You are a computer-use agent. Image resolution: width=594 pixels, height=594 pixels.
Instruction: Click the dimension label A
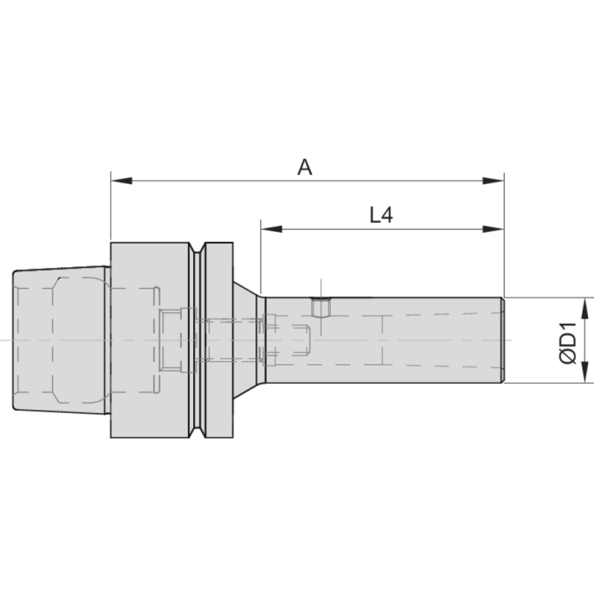point(305,168)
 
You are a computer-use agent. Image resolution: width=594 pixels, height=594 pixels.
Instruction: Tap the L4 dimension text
point(381,215)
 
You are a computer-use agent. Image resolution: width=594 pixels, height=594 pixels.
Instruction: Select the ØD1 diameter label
point(567,341)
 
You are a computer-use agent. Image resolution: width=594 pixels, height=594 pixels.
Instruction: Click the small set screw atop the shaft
point(321,305)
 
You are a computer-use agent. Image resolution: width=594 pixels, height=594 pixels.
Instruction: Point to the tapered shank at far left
point(59,340)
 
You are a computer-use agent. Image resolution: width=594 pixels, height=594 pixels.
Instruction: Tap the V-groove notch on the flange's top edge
point(198,249)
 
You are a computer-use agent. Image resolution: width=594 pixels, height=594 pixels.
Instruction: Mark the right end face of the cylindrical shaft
point(503,340)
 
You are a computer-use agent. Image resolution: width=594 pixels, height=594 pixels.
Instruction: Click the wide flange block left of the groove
point(148,340)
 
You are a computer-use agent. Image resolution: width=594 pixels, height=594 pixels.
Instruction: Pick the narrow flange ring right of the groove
point(220,340)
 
